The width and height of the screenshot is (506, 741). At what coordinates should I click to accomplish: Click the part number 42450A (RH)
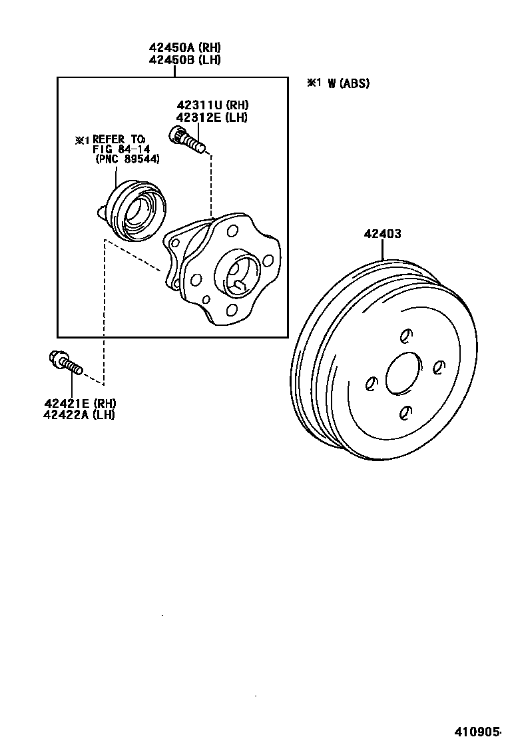(184, 47)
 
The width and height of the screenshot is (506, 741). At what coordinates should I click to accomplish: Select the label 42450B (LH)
(184, 59)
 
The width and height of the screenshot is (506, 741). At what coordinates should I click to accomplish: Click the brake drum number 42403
(382, 234)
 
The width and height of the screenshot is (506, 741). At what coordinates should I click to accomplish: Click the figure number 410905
(477, 730)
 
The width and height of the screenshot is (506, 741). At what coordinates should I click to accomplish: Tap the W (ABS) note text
(348, 83)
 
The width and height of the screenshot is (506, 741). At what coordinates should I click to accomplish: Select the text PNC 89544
(128, 159)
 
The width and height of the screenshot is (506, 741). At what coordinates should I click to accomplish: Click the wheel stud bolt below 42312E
(188, 140)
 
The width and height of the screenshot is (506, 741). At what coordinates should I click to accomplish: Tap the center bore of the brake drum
(403, 373)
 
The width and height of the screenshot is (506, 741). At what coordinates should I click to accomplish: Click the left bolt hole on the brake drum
(372, 383)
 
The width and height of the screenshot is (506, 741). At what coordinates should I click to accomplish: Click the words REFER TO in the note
(114, 139)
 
